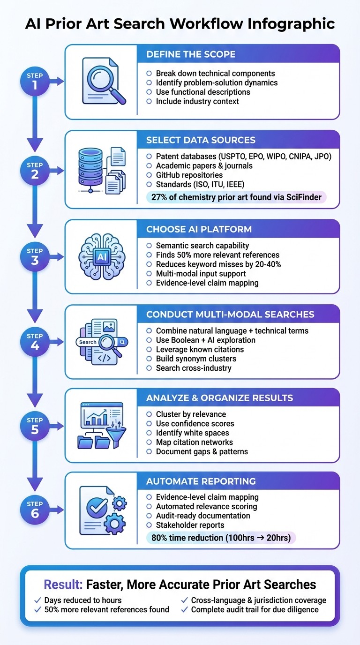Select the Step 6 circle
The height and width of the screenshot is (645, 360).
coord(35,510)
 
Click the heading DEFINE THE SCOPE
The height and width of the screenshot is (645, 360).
coord(184,54)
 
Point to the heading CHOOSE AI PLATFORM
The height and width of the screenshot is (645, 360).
coord(199,229)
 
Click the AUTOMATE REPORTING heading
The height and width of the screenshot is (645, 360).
coord(201,481)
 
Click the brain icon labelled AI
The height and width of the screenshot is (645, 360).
coord(101,256)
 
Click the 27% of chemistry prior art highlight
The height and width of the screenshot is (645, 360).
coord(236,197)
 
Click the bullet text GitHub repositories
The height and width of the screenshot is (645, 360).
coord(189,175)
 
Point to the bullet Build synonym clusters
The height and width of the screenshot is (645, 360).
coord(196,359)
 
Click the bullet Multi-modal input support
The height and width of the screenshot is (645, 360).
coord(201,273)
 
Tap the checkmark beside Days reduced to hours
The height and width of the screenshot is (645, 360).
coord(38,600)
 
